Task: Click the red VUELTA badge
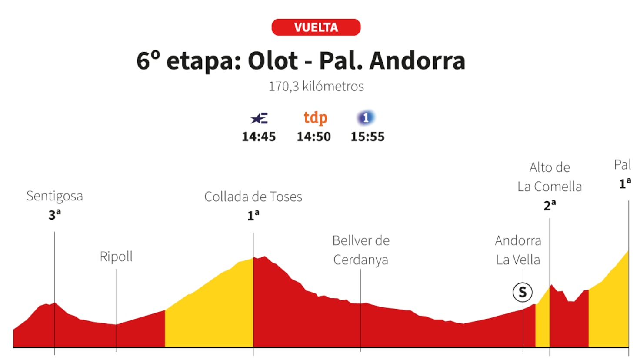(x=316, y=27)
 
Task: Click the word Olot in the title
(x=273, y=61)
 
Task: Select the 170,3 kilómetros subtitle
(x=316, y=87)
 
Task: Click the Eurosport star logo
(x=259, y=118)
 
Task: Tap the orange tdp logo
(x=315, y=118)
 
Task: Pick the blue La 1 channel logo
(x=366, y=118)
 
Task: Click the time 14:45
(x=259, y=137)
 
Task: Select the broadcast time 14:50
(x=313, y=137)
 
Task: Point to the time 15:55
(x=367, y=137)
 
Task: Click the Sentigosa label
(x=54, y=196)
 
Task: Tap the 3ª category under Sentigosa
(x=54, y=214)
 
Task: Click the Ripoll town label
(x=116, y=257)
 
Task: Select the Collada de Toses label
(x=253, y=197)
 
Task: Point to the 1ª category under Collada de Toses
(x=253, y=215)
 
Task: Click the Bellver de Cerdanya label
(x=361, y=250)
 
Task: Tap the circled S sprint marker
(x=523, y=292)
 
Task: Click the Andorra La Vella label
(x=518, y=250)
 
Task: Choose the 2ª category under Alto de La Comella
(x=550, y=205)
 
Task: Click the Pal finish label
(x=622, y=165)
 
